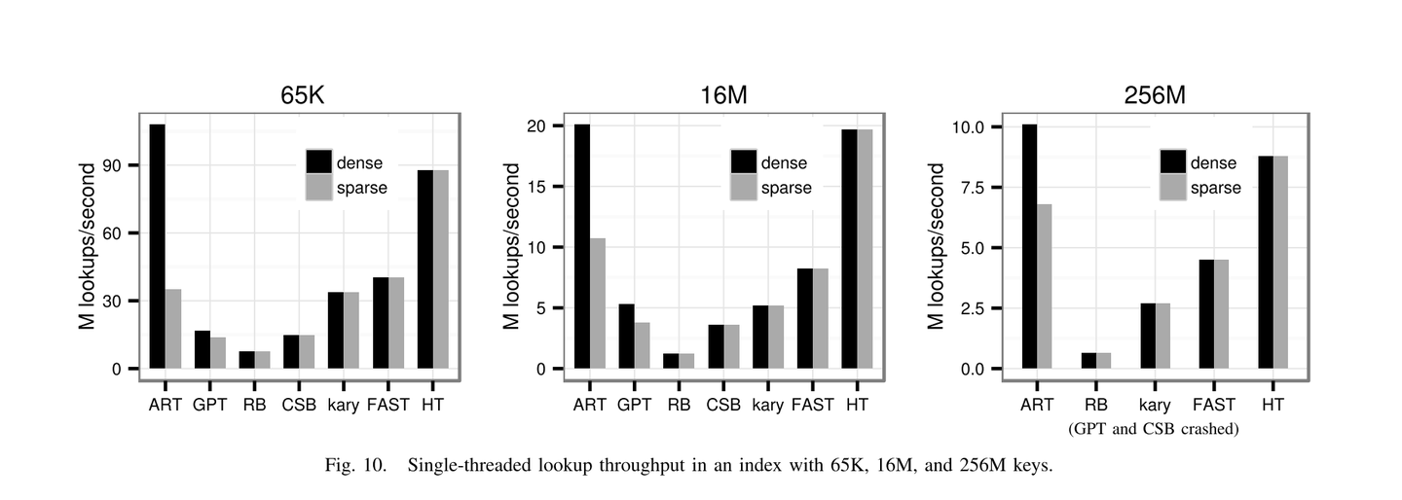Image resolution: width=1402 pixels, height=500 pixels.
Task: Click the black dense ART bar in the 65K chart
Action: (x=158, y=246)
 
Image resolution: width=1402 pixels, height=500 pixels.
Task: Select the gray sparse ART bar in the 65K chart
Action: (x=173, y=329)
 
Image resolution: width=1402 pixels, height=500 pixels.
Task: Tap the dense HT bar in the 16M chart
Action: (x=850, y=249)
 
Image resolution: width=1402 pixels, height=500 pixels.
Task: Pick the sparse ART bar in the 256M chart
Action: (x=1045, y=286)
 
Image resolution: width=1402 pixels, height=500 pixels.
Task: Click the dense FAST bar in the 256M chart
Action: (x=1206, y=314)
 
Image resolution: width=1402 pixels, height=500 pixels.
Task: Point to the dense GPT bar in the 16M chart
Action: (x=627, y=337)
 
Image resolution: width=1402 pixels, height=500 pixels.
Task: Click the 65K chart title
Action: (x=302, y=95)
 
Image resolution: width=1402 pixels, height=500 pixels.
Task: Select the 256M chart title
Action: (x=1155, y=95)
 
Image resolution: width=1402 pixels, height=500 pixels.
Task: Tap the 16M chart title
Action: (x=729, y=95)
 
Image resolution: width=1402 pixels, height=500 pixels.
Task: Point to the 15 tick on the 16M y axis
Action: (x=546, y=187)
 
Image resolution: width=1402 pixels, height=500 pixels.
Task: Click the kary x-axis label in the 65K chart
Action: (x=344, y=404)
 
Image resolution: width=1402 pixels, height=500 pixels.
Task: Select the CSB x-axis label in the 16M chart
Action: (x=723, y=404)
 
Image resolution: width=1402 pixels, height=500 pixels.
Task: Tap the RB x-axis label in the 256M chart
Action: (x=1095, y=404)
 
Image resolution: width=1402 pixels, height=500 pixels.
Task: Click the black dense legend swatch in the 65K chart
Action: (x=319, y=161)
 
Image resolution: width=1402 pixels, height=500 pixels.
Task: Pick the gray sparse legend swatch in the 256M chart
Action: (x=1172, y=187)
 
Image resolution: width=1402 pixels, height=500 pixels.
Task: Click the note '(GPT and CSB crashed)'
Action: (x=1153, y=428)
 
